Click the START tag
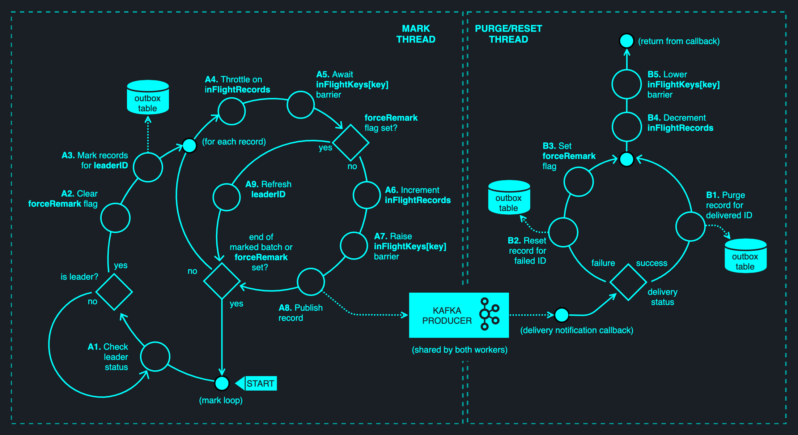click(x=260, y=383)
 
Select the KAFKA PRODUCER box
click(x=458, y=315)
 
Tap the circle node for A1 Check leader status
click(x=155, y=357)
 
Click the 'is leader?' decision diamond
click(x=114, y=292)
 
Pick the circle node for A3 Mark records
click(x=148, y=167)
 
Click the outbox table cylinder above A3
click(x=148, y=98)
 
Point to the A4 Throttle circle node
click(x=232, y=111)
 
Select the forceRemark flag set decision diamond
click(x=351, y=143)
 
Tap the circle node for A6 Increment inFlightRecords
click(x=367, y=195)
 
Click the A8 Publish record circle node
click(x=311, y=282)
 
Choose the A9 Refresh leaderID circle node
click(x=227, y=197)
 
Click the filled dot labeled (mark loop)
click(x=222, y=383)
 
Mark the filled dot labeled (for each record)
click(x=189, y=146)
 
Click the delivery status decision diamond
click(x=628, y=282)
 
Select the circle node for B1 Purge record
click(x=691, y=227)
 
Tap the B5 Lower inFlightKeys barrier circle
click(x=627, y=84)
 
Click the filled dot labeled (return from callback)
click(x=627, y=41)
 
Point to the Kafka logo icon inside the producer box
click(x=489, y=314)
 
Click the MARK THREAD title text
click(x=416, y=34)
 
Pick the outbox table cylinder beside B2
click(x=509, y=198)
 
